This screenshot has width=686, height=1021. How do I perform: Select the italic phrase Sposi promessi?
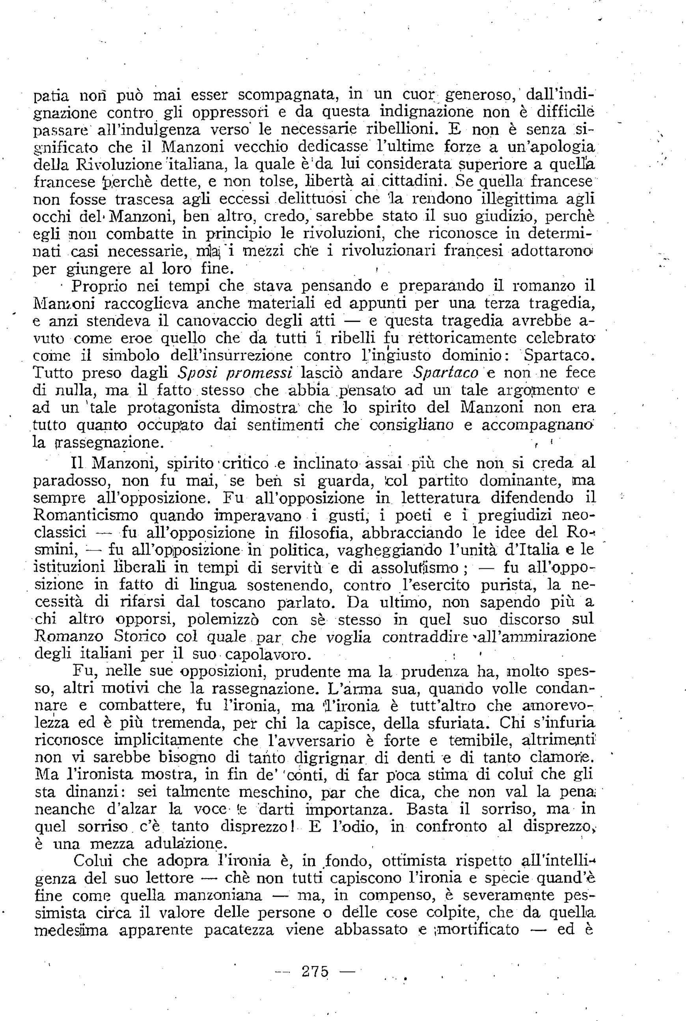(x=235, y=373)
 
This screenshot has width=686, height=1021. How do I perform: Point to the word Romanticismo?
(x=86, y=515)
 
